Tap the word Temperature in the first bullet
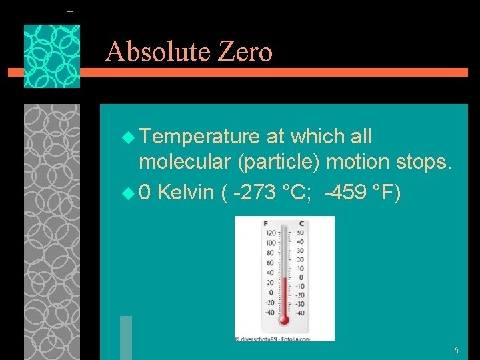tap(199, 137)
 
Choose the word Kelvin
tap(186, 193)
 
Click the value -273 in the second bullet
tap(254, 193)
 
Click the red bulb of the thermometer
tap(284, 320)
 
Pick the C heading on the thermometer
tap(301, 223)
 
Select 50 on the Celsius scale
tap(301, 233)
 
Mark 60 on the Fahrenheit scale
tap(270, 263)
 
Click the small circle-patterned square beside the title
tap(52, 57)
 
